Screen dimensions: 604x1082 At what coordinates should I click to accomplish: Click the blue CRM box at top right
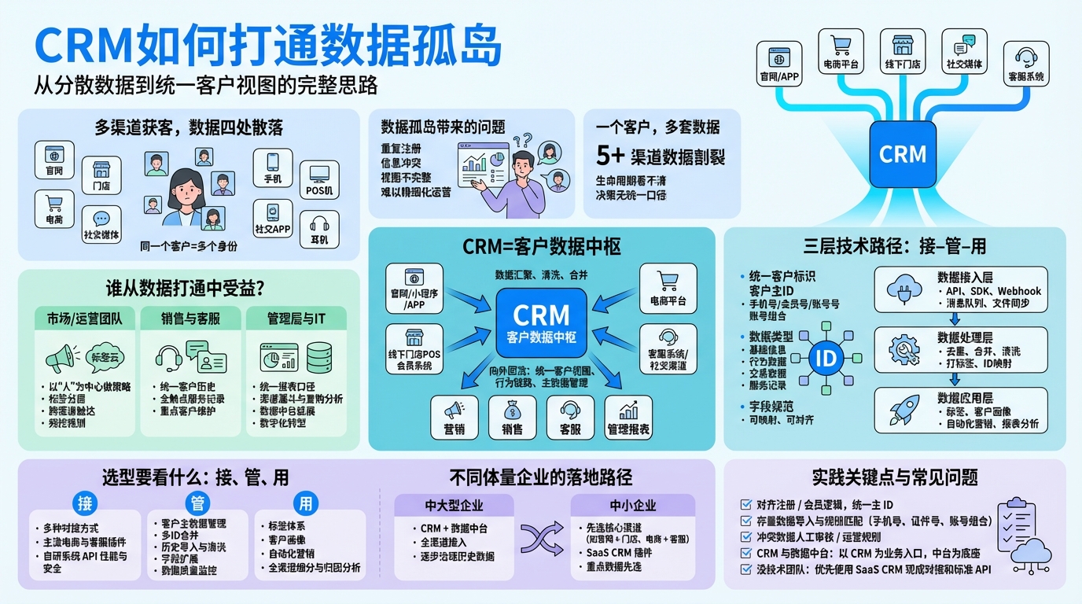pos(903,153)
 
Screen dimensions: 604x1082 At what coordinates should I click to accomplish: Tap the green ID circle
pos(826,359)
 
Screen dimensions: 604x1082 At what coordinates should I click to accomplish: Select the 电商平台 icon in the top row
pos(841,52)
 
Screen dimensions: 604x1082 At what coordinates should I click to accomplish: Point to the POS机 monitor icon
pos(319,179)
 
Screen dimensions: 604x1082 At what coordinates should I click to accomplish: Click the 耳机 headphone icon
pos(319,229)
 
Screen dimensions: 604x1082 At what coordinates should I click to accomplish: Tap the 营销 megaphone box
pos(455,416)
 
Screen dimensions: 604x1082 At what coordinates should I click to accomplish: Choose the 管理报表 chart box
pos(628,416)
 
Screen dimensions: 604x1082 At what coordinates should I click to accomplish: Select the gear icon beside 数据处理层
pos(904,348)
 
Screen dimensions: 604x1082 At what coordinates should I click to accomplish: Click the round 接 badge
pos(84,503)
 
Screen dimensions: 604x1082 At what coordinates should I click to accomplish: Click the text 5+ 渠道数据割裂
pos(661,156)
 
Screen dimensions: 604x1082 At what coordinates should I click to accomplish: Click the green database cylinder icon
pos(319,358)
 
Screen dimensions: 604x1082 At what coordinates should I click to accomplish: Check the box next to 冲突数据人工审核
pos(746,537)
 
